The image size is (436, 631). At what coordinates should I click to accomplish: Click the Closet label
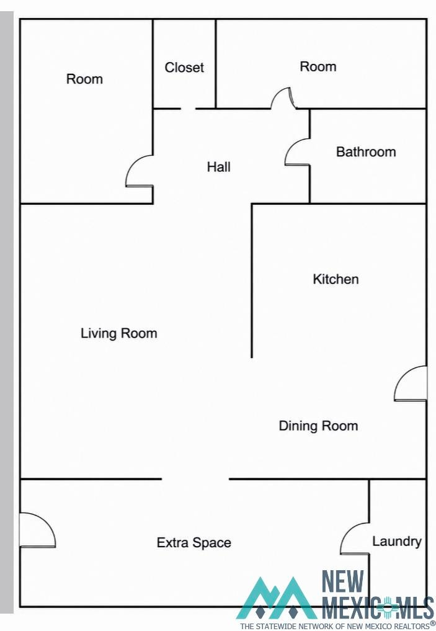click(184, 67)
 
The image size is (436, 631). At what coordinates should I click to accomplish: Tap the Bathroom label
click(366, 152)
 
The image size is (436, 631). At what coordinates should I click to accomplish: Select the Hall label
click(218, 167)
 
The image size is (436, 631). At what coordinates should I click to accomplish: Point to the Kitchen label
click(336, 279)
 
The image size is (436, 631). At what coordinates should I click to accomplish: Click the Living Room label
click(118, 333)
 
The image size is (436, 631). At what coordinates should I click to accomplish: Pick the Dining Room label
click(318, 426)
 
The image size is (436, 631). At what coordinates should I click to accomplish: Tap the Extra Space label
click(194, 542)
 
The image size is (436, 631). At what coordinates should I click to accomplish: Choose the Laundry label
click(396, 541)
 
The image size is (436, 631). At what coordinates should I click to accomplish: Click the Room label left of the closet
click(84, 79)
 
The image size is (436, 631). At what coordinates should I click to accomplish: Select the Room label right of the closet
click(318, 66)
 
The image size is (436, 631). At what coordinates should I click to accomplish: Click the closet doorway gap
click(188, 108)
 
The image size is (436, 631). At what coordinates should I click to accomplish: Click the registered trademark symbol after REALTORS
click(432, 624)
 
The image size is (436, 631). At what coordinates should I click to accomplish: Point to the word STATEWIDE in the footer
click(275, 626)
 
